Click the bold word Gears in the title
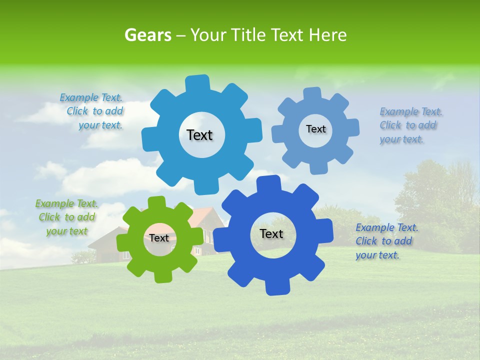click(147, 35)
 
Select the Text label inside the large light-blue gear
click(199, 135)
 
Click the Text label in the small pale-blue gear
click(315, 129)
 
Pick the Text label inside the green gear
click(159, 238)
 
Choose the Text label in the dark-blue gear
click(271, 233)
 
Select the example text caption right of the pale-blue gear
click(410, 125)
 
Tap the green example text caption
click(66, 217)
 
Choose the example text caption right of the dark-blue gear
click(386, 241)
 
